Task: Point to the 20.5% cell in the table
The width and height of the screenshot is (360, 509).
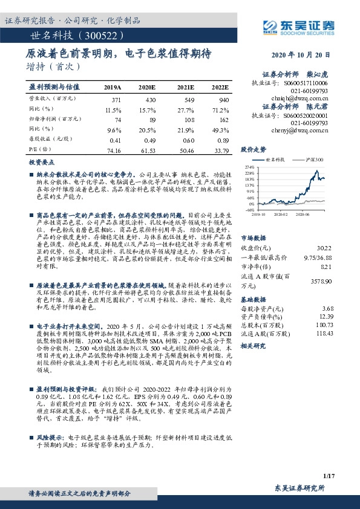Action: pyautogui.click(x=147, y=130)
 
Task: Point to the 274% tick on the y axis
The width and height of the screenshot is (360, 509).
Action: pyautogui.click(x=249, y=166)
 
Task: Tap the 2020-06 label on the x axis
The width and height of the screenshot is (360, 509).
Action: pyautogui.click(x=303, y=213)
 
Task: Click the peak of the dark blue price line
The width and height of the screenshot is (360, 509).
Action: pyautogui.click(x=317, y=170)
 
